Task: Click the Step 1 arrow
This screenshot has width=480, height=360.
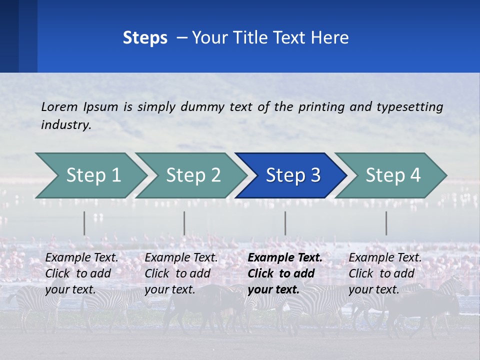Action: click(x=93, y=175)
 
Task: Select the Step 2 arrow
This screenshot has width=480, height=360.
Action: click(x=193, y=175)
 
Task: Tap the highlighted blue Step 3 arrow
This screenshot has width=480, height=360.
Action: click(x=293, y=175)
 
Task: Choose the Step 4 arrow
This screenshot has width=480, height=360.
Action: click(x=393, y=175)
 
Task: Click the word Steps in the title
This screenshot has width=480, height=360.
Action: click(x=145, y=38)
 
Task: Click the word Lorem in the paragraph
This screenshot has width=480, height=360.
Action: click(x=59, y=106)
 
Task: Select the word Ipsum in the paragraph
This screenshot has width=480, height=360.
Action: click(x=101, y=106)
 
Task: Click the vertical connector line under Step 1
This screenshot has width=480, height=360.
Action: click(x=84, y=223)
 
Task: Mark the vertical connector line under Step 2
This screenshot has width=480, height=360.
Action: click(x=184, y=223)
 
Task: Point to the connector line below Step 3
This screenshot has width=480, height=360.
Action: click(x=285, y=223)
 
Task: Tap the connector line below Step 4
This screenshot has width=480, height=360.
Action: click(x=386, y=223)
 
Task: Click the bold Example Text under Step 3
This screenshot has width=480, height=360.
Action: click(x=285, y=258)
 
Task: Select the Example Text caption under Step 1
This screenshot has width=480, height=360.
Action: click(x=82, y=258)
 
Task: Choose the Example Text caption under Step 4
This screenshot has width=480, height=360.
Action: click(x=385, y=258)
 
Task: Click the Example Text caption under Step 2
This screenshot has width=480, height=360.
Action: click(x=181, y=258)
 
